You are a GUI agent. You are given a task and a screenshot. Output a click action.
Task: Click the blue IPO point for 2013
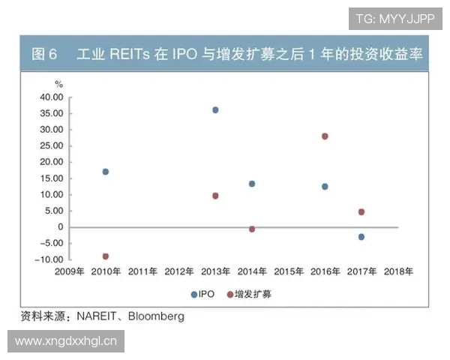click(215, 110)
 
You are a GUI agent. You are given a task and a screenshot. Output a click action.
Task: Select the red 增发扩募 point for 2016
click(325, 136)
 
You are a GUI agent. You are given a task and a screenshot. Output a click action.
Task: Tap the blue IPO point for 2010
click(106, 172)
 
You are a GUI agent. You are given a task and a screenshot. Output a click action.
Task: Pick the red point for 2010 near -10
click(106, 256)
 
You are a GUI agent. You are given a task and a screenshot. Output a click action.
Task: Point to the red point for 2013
click(215, 196)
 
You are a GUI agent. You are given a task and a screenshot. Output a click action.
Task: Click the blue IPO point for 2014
click(252, 184)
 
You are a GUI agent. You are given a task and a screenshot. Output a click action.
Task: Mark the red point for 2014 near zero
click(252, 229)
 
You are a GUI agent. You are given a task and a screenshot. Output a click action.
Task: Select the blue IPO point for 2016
click(325, 187)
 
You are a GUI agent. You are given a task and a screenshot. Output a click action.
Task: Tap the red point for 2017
click(361, 212)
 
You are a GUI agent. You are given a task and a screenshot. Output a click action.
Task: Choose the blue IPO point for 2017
click(361, 237)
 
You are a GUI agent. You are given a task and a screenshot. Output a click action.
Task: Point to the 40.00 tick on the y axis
click(52, 97)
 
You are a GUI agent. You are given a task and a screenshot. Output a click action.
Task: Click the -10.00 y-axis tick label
click(50, 259)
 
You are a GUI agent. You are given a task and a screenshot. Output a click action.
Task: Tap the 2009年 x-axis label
click(69, 271)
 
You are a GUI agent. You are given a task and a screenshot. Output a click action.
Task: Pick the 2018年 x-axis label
click(397, 271)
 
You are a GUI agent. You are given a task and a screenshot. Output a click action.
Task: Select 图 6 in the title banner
click(45, 55)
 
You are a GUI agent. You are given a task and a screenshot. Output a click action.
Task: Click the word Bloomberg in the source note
click(156, 316)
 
